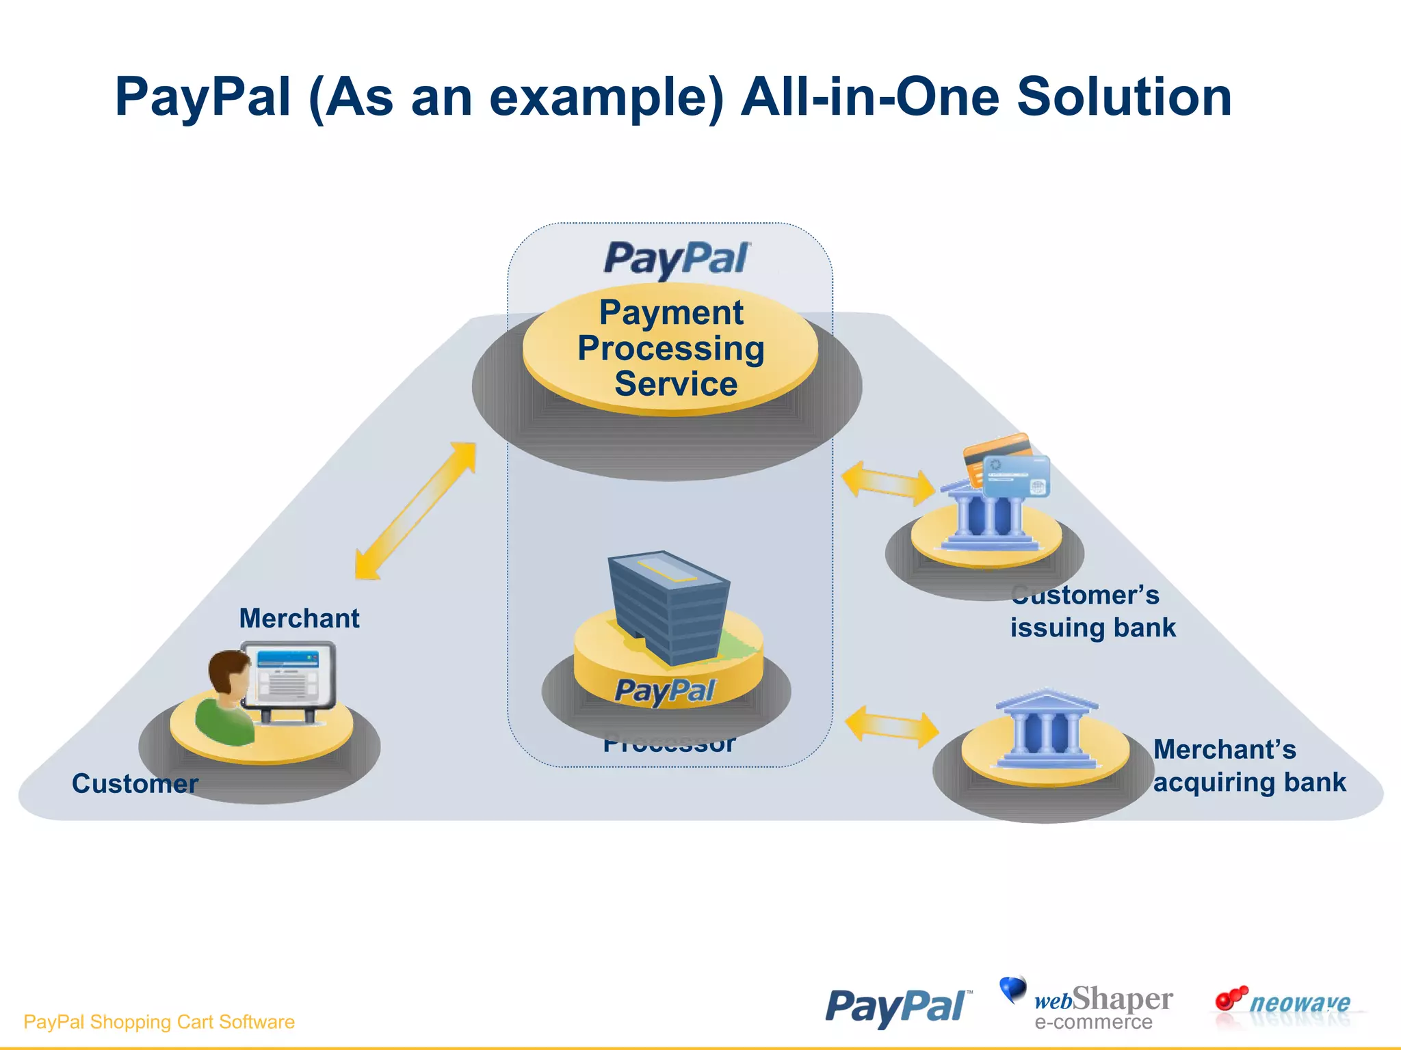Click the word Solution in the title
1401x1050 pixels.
[x=1123, y=97]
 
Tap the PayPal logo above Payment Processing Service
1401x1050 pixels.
[x=676, y=259]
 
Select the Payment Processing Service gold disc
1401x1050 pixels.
[x=670, y=349]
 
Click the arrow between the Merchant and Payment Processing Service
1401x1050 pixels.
[x=415, y=511]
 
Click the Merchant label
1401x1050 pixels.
[x=299, y=618]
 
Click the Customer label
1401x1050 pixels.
[x=135, y=783]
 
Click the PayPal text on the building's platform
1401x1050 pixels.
[x=665, y=690]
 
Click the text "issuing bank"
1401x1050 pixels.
[x=1092, y=628]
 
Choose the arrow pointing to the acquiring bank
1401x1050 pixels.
[x=891, y=727]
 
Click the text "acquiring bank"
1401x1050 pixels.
[x=1249, y=782]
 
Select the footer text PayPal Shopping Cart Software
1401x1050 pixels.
[x=159, y=1022]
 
